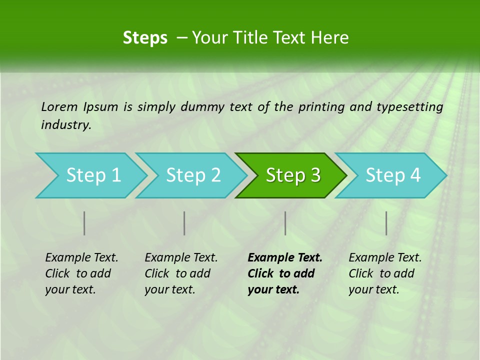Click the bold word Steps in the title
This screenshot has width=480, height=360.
click(145, 38)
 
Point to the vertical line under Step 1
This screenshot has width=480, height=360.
click(84, 223)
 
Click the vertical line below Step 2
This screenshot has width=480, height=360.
click(184, 223)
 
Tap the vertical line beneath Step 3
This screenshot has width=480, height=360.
click(285, 223)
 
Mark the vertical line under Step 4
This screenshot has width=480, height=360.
click(386, 223)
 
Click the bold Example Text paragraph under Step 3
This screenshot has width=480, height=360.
click(284, 273)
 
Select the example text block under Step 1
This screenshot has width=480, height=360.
click(81, 273)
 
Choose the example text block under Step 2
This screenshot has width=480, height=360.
click(181, 273)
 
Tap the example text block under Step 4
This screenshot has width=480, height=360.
click(385, 273)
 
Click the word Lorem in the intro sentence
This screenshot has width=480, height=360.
click(59, 106)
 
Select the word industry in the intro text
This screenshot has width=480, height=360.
click(66, 125)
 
